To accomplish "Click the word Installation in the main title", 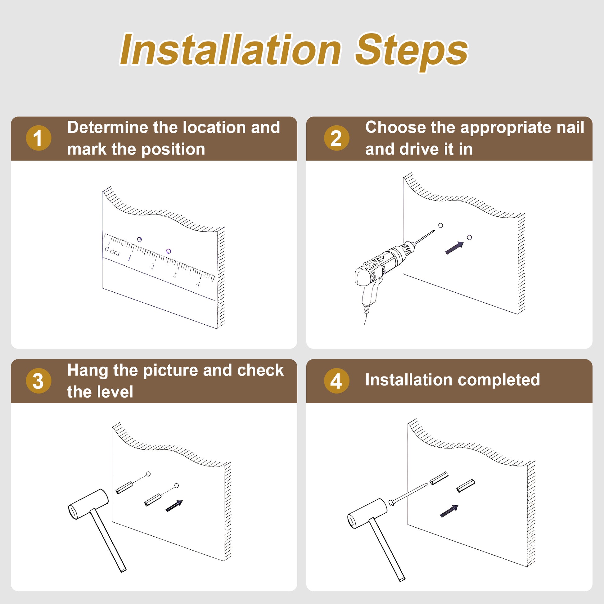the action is (231, 50).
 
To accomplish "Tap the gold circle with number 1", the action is (38, 138).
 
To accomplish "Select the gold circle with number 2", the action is (336, 138).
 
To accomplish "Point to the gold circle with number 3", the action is (38, 381).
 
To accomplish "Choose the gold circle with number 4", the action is (336, 381).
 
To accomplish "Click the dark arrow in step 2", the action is (454, 248).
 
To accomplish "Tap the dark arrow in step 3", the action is (174, 506).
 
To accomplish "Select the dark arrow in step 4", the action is (449, 511).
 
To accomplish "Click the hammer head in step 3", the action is (88, 504).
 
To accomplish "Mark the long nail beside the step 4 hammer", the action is (408, 494).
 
